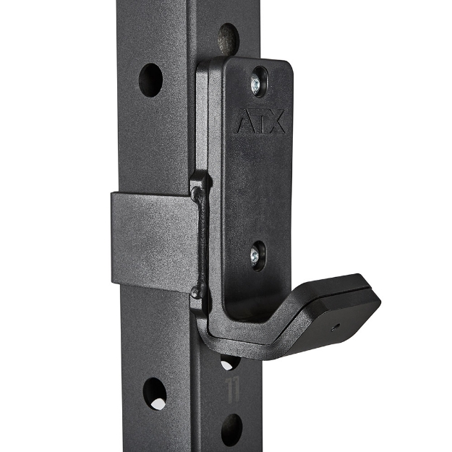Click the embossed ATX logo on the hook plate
coord(260,123)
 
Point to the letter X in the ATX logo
coord(278,123)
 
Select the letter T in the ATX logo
coord(260,123)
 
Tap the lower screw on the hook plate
coord(257,255)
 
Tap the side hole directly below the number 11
coord(231,429)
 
